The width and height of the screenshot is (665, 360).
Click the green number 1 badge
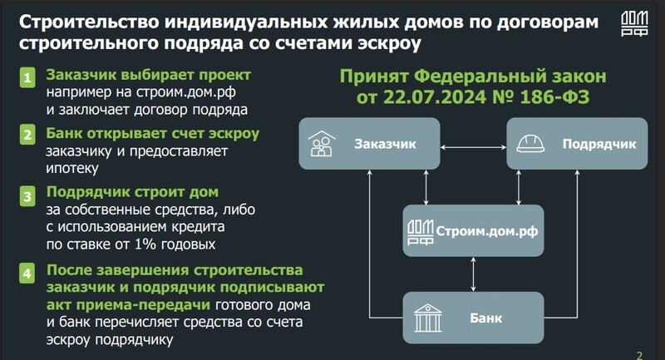click(27, 77)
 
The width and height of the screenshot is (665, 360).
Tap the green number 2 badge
click(27, 135)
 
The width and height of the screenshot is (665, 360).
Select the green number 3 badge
click(27, 197)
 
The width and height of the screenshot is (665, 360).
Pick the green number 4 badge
click(27, 274)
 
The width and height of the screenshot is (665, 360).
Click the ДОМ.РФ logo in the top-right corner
click(634, 24)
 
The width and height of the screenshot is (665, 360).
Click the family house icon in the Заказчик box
click(322, 144)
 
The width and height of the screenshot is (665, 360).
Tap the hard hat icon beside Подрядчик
click(530, 143)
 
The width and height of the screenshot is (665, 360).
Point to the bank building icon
click(427, 318)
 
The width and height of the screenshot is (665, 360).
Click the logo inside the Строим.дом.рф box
click(420, 232)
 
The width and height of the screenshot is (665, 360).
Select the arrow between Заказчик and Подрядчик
click(473, 147)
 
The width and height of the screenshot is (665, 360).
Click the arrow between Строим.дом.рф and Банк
click(473, 274)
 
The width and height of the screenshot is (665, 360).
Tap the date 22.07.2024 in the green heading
click(434, 97)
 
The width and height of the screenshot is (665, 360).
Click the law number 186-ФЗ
click(554, 97)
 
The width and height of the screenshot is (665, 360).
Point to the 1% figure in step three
click(145, 244)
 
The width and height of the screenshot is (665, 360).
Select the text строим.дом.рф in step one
click(186, 92)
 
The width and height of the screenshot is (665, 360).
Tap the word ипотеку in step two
click(72, 169)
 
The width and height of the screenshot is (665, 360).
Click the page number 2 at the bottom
click(639, 356)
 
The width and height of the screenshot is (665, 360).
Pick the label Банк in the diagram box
click(485, 318)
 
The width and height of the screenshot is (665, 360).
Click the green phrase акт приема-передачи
click(128, 305)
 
